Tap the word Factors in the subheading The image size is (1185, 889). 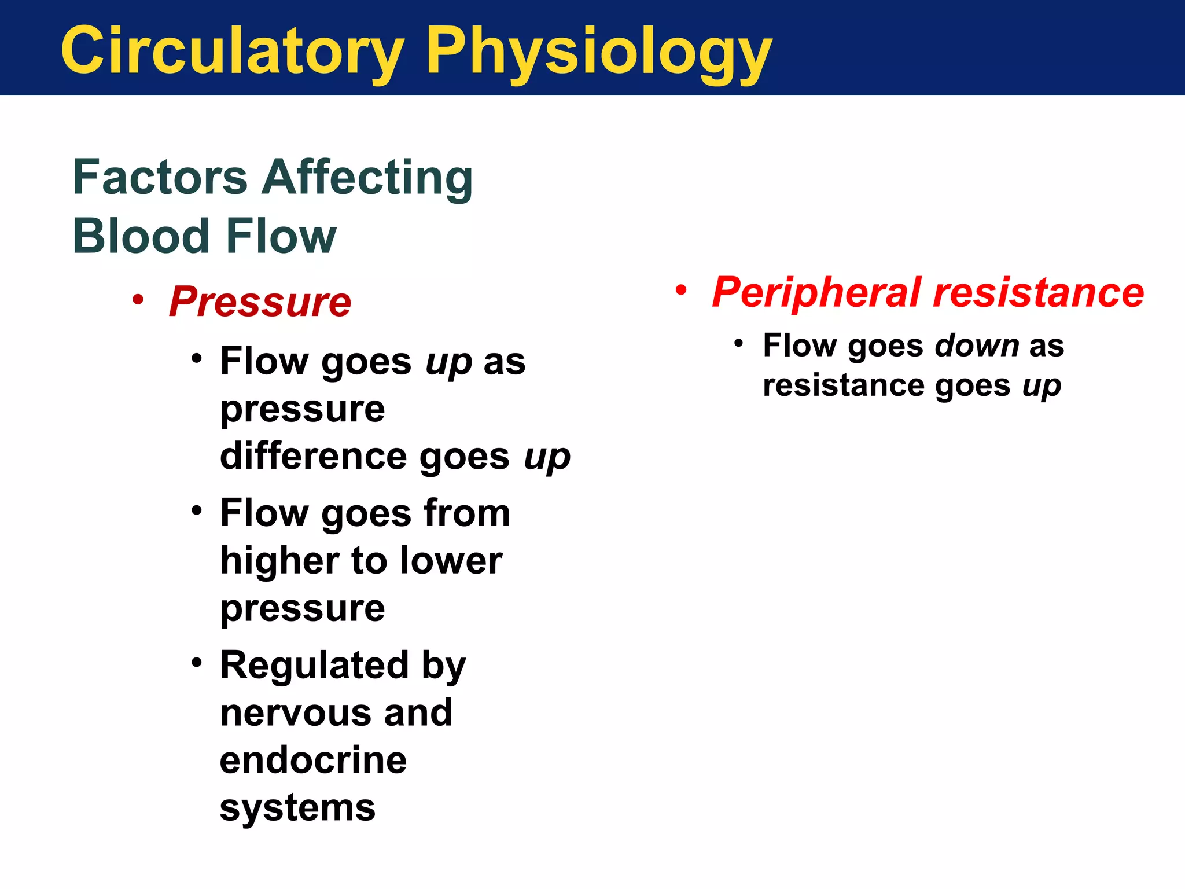click(x=160, y=177)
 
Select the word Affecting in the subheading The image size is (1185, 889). click(x=367, y=177)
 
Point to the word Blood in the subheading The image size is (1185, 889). click(x=140, y=236)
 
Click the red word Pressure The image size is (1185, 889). click(x=260, y=302)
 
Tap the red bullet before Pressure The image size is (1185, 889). click(x=137, y=300)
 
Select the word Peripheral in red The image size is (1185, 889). click(x=816, y=293)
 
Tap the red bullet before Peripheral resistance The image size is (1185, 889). click(x=681, y=290)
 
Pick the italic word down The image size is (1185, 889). click(x=977, y=346)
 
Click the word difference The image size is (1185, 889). click(x=314, y=456)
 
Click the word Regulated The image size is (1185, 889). click(x=314, y=665)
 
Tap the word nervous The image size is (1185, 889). click(x=295, y=712)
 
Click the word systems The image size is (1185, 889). click(x=297, y=808)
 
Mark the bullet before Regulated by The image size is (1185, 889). click(x=197, y=662)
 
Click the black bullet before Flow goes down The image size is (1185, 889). click(x=738, y=343)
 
